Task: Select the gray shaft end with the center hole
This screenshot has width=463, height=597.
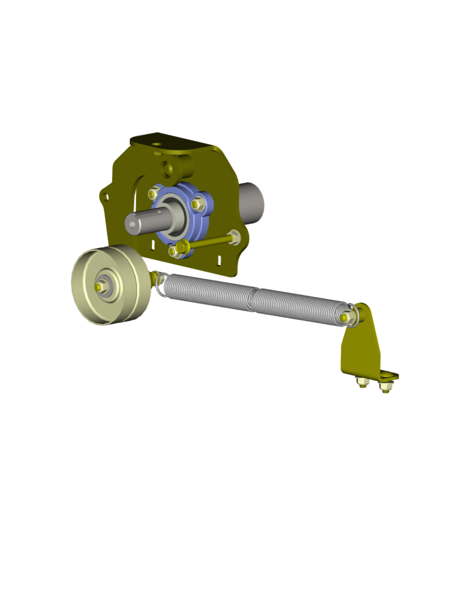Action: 134,222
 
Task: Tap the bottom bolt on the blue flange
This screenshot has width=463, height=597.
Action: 173,252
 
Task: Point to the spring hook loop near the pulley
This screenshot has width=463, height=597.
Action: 159,282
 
